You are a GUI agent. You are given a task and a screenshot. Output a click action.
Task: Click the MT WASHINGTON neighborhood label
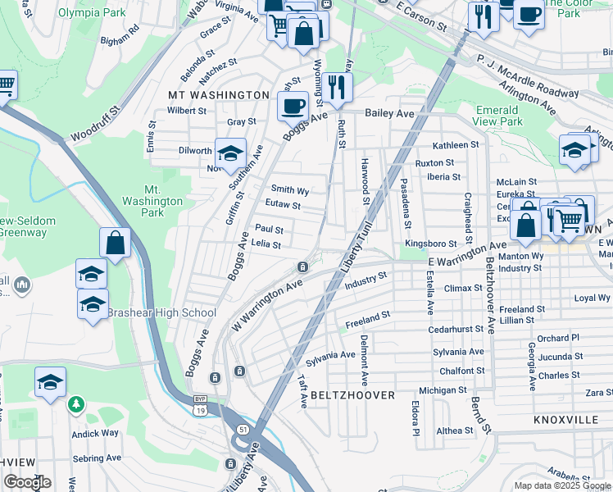pos(219,95)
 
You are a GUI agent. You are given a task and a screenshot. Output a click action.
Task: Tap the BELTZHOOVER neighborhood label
pos(353,395)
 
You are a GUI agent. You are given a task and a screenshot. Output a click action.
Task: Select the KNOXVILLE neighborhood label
pos(565,419)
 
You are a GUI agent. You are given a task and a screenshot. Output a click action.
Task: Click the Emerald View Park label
pos(498,116)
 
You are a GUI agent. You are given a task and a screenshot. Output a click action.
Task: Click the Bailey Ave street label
pos(389,113)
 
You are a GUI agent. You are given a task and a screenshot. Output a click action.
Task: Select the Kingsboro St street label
pos(430,244)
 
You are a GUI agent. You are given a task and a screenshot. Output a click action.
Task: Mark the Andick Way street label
pos(95,433)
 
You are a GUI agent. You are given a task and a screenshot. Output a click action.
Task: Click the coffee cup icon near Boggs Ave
pos(293,106)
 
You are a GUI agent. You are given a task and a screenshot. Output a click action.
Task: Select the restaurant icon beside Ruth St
pos(337,86)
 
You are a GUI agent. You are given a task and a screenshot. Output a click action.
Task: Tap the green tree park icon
pos(75,404)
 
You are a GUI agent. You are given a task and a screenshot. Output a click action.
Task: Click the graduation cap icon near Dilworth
pos(230,152)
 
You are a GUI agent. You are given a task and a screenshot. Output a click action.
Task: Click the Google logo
pos(27,483)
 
